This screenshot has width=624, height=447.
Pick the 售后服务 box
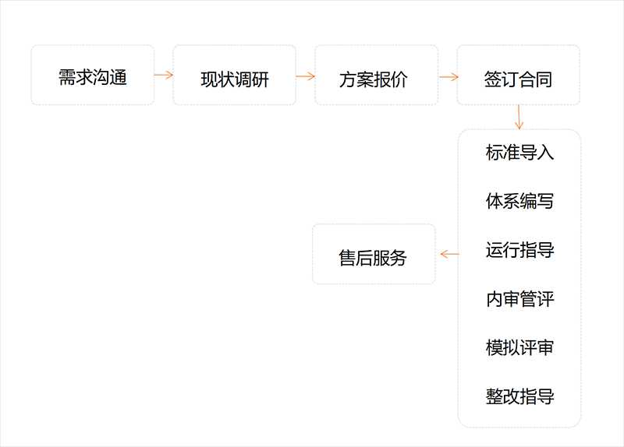374,255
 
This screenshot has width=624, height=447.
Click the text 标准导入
519,152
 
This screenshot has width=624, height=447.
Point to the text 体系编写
519,201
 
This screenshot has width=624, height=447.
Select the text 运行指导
519,250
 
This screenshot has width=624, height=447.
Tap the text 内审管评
519,298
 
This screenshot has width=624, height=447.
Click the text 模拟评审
519,347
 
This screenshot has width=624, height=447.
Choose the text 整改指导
519,396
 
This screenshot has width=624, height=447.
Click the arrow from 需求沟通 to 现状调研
164,75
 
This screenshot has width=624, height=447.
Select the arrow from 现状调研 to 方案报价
306,76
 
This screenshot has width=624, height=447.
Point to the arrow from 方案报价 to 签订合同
448,76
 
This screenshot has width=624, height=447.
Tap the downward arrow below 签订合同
519,118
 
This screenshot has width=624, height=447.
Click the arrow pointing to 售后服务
449,254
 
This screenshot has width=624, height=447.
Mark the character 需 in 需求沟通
67,77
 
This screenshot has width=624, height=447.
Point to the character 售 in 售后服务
348,257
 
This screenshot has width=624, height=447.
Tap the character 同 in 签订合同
544,79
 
